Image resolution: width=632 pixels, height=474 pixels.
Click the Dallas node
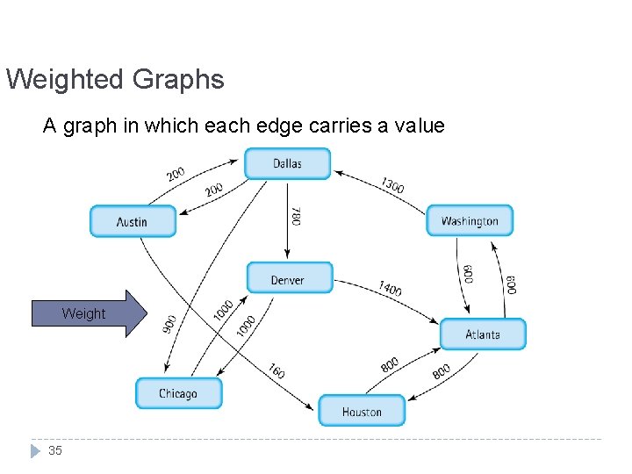click(x=287, y=163)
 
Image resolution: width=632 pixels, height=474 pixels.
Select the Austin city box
click(x=133, y=221)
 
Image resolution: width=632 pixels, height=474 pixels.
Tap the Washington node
click(x=470, y=220)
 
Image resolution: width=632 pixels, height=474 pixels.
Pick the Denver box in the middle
click(x=289, y=278)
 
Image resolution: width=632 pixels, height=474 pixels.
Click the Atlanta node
click(x=483, y=334)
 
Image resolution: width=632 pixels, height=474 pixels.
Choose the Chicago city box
click(x=178, y=393)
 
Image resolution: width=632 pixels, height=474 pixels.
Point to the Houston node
click(x=362, y=411)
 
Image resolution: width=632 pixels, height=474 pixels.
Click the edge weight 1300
click(x=392, y=186)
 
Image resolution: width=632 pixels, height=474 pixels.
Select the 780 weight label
click(x=296, y=216)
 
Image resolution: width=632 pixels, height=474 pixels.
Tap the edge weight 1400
click(x=390, y=288)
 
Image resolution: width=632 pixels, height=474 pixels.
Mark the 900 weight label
click(x=169, y=323)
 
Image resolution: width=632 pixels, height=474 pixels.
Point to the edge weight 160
click(x=276, y=370)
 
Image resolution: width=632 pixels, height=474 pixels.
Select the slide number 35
click(x=55, y=450)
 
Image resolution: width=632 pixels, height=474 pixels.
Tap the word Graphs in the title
click(x=178, y=80)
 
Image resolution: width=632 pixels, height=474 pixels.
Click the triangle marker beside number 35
click(x=34, y=450)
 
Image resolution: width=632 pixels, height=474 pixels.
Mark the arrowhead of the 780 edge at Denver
click(x=288, y=257)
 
